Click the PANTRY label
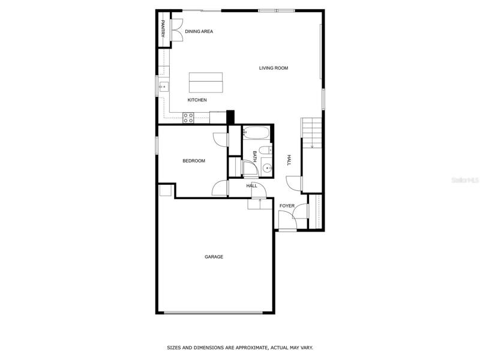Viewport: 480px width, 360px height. (163, 28)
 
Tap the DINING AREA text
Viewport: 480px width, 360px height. (199, 31)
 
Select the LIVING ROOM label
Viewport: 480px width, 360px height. (274, 68)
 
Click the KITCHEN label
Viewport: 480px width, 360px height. (197, 100)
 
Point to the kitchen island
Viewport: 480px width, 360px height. (206, 82)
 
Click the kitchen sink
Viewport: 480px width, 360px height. (164, 87)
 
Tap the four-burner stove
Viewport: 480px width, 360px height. (188, 118)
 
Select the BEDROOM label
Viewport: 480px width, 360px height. (194, 161)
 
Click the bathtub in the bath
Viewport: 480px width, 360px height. (256, 133)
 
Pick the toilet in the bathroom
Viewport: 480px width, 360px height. (265, 150)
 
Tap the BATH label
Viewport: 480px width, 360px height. (254, 157)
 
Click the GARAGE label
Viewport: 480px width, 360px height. (214, 257)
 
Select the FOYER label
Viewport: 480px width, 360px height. (287, 206)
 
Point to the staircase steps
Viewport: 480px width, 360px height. (312, 133)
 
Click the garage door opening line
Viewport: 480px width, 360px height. (214, 313)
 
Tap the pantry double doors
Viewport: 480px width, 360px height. (177, 30)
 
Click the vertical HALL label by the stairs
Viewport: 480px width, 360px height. (289, 160)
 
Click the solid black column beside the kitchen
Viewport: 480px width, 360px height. (230, 117)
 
